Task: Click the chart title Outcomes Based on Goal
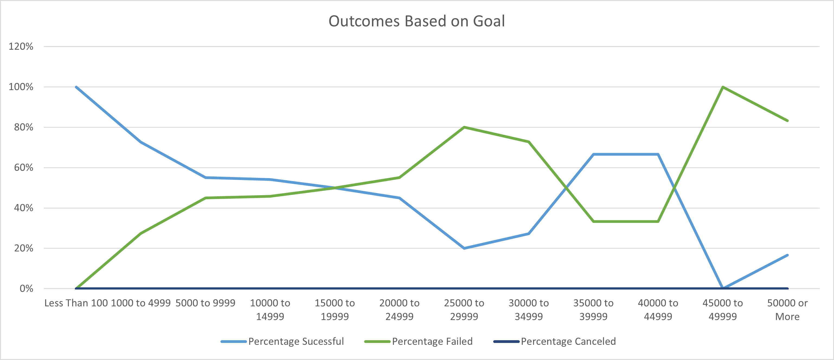pyautogui.click(x=417, y=21)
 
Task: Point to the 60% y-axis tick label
pyautogui.click(x=23, y=168)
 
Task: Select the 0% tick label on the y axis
pyautogui.click(x=26, y=288)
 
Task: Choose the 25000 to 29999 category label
pyautogui.click(x=464, y=310)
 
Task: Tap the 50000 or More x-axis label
pyautogui.click(x=787, y=310)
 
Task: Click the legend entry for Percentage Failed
pyautogui.click(x=432, y=342)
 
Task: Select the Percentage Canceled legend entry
pyautogui.click(x=568, y=342)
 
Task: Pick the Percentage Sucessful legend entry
pyautogui.click(x=296, y=342)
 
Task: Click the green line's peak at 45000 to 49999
pyautogui.click(x=723, y=87)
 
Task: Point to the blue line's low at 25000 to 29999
pyautogui.click(x=464, y=248)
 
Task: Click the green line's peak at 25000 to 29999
pyautogui.click(x=464, y=127)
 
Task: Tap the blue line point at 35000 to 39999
pyautogui.click(x=594, y=155)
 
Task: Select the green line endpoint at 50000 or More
pyautogui.click(x=787, y=121)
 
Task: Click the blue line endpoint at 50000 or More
pyautogui.click(x=787, y=255)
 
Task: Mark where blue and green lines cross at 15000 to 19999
pyautogui.click(x=335, y=188)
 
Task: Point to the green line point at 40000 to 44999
pyautogui.click(x=658, y=221)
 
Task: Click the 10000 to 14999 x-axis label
pyautogui.click(x=270, y=310)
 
